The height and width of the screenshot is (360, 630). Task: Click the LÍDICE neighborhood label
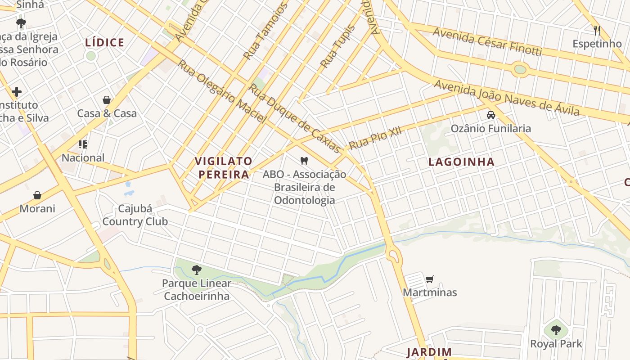click(x=104, y=43)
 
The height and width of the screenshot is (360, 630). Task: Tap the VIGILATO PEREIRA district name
click(x=223, y=167)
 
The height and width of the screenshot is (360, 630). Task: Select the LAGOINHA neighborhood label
click(x=461, y=162)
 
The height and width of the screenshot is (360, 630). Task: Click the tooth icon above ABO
click(x=304, y=161)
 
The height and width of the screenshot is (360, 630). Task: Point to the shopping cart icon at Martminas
click(x=430, y=279)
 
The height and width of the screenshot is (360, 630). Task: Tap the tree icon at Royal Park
click(x=556, y=330)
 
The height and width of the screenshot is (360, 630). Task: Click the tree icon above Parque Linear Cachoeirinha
click(x=196, y=270)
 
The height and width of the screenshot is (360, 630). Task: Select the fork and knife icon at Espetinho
click(x=597, y=31)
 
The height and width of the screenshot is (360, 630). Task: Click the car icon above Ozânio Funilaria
click(x=491, y=115)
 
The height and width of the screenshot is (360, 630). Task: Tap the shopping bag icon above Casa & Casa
click(x=107, y=100)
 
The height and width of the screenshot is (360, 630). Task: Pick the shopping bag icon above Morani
click(x=37, y=195)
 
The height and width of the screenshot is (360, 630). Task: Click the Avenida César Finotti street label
click(x=487, y=41)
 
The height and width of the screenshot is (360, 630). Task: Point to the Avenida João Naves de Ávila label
click(x=507, y=98)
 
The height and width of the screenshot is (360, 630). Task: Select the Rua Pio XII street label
click(x=375, y=138)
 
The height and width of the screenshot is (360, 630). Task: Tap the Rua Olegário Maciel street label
click(x=222, y=91)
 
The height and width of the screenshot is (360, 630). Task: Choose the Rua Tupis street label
click(x=337, y=46)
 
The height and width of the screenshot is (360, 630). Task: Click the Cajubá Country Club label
click(x=135, y=215)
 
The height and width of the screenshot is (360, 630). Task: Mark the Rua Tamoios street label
click(x=265, y=31)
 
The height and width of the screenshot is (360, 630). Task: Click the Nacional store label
click(x=83, y=157)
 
